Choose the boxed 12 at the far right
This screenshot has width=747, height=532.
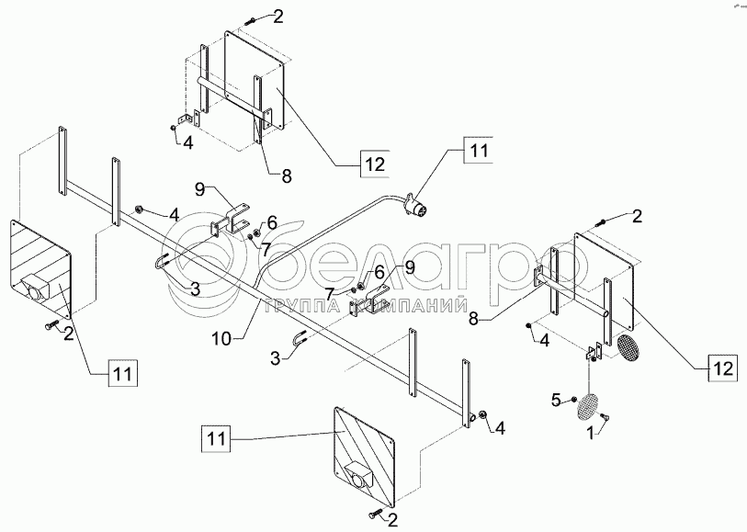coord(722,370)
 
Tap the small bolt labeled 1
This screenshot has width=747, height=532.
coord(605,420)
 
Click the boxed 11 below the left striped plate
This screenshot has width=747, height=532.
coord(122,373)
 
